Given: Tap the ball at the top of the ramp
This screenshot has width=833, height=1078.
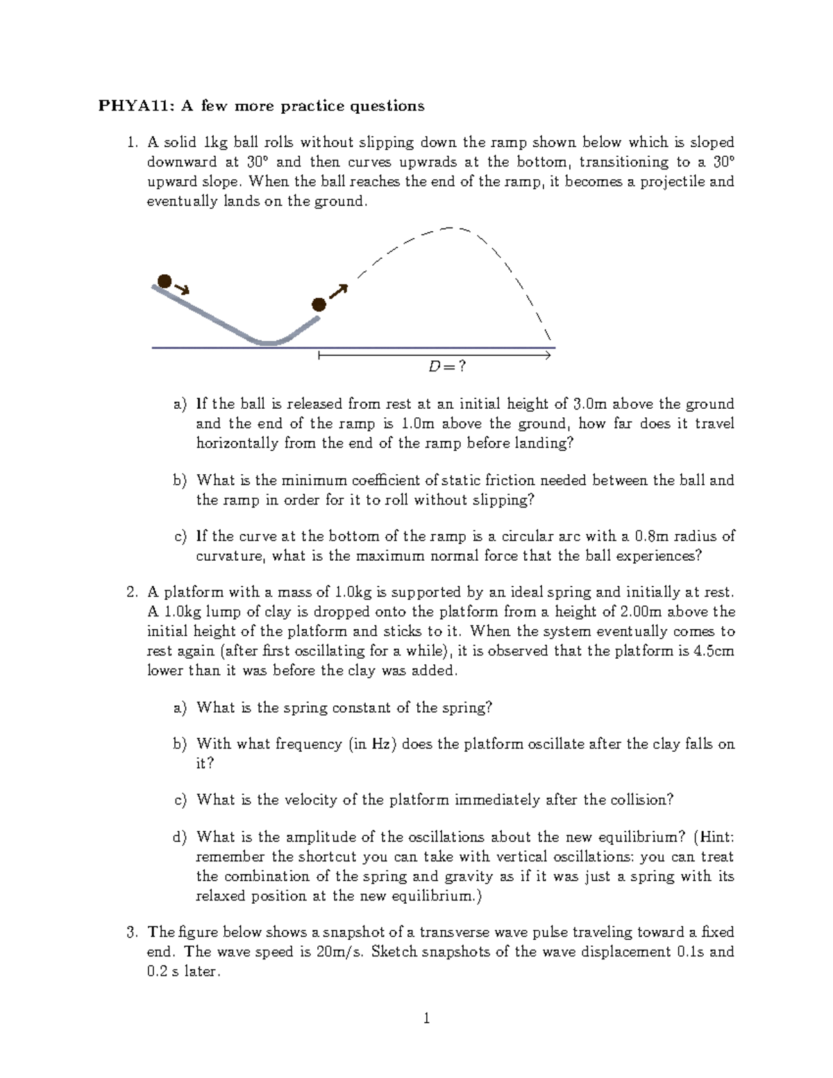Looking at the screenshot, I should point(164,281).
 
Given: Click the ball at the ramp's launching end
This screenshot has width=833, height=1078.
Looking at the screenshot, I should point(318,304).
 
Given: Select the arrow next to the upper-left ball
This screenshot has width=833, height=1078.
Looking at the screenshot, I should point(183,289).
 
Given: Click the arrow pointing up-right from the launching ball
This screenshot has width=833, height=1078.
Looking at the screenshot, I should point(337,292).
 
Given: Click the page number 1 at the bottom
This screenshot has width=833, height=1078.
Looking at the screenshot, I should point(426,1020).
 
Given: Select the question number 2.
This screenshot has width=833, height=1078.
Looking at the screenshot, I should point(133,592).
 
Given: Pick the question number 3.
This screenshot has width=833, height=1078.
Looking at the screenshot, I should point(133,932).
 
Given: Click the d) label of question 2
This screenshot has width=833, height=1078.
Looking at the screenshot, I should point(180,837).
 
